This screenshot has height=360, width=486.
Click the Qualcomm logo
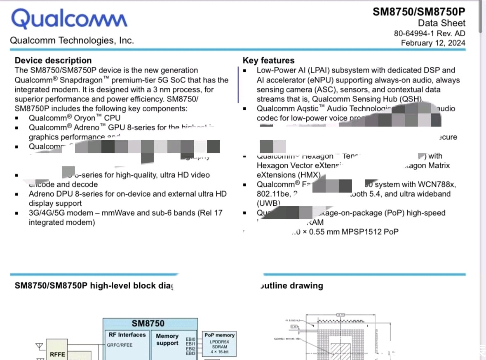pyautogui.click(x=69, y=19)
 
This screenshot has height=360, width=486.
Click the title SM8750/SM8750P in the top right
pyautogui.click(x=419, y=12)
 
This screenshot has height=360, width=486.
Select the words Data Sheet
pyautogui.click(x=441, y=23)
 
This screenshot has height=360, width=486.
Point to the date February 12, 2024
pyautogui.click(x=433, y=43)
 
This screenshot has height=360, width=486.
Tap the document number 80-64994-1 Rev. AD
pyautogui.click(x=430, y=33)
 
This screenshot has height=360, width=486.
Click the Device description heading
pyautogui.click(x=53, y=61)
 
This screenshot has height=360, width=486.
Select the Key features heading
pyautogui.click(x=268, y=61)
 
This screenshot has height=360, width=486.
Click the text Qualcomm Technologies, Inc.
pyautogui.click(x=72, y=40)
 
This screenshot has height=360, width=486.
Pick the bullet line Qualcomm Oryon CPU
pyautogui.click(x=74, y=118)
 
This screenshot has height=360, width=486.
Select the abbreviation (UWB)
pyautogui.click(x=268, y=203)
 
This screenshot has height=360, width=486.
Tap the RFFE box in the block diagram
pyautogui.click(x=57, y=354)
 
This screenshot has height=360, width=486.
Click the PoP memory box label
pyautogui.click(x=219, y=335)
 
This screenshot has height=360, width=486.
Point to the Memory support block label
pyautogui.click(x=167, y=339)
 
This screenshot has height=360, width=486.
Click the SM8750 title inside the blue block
pyautogui.click(x=148, y=324)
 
